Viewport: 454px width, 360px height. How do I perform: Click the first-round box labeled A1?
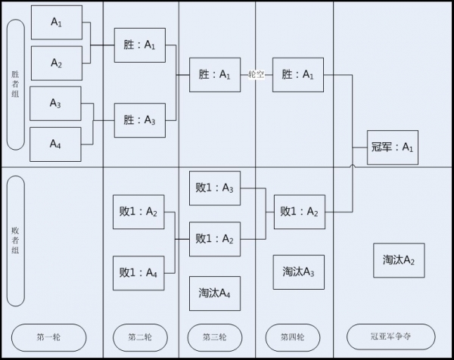coord(56,23)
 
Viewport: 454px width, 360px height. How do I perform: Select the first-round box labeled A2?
coord(56,63)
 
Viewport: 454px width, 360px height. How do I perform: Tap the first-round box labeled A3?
coord(56,103)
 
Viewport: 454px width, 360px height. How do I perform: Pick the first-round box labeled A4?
coord(56,144)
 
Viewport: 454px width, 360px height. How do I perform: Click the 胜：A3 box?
coord(139,119)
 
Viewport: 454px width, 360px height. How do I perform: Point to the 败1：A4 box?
coord(139,272)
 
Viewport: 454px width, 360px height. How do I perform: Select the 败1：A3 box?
coord(215,188)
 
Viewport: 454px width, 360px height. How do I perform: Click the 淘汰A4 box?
coord(215,293)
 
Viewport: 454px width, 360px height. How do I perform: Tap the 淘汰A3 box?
coord(299,272)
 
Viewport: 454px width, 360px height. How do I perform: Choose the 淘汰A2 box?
coord(399,259)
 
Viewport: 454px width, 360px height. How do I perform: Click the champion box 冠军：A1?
coord(392,147)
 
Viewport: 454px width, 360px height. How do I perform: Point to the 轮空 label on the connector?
coord(257,75)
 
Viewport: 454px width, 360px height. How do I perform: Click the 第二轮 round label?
coord(139,336)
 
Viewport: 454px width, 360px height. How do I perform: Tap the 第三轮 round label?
coord(216,336)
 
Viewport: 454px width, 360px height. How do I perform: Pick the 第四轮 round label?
coord(293,336)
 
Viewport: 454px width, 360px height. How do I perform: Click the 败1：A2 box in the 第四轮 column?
coord(299,211)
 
